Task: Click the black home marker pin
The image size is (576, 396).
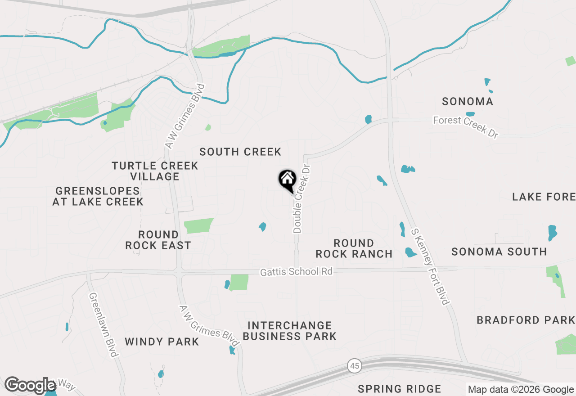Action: (x=287, y=180)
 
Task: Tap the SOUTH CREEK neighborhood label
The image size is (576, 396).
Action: (x=240, y=152)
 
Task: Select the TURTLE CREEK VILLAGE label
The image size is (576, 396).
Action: (x=155, y=171)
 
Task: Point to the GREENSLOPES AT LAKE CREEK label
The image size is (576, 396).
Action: (x=98, y=196)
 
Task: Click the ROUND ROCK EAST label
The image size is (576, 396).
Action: (x=158, y=240)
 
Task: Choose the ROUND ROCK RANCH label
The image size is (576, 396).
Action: (x=354, y=248)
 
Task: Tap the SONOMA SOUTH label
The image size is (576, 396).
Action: (x=499, y=252)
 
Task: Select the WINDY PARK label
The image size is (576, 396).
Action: (x=162, y=342)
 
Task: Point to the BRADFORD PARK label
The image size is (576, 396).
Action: (x=526, y=320)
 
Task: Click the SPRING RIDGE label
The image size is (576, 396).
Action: (x=400, y=389)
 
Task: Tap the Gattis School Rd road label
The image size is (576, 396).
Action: (x=297, y=272)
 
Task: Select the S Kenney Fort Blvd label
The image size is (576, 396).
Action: (x=431, y=266)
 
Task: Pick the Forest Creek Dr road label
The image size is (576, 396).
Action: (x=466, y=126)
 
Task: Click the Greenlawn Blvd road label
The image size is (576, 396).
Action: (x=103, y=325)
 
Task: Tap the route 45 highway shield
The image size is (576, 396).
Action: (x=354, y=366)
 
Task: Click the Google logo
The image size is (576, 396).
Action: (x=30, y=386)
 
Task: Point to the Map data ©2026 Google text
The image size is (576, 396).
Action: (x=521, y=390)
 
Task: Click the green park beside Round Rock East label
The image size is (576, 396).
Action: (x=198, y=225)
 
